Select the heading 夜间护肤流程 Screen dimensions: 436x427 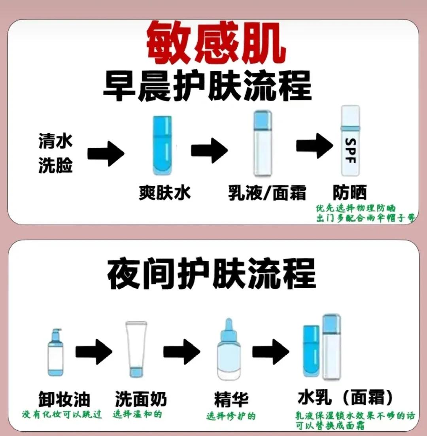211,273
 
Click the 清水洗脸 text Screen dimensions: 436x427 56,153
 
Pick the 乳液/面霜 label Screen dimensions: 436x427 267,193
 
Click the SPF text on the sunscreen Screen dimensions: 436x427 350,151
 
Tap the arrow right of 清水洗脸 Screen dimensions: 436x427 106,153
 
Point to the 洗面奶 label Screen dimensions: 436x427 141,400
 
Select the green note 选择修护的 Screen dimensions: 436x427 231,416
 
